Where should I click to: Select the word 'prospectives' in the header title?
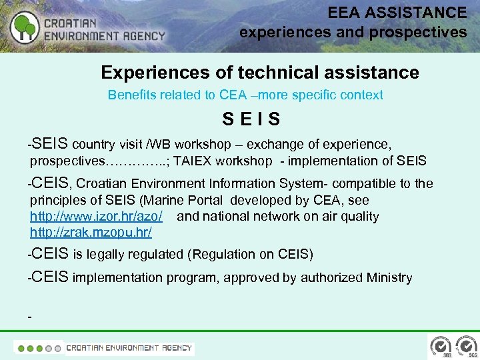tap(425, 31)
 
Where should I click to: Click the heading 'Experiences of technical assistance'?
tap(259, 72)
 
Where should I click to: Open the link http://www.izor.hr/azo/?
tap(96, 216)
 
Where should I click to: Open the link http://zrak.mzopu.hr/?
tap(91, 232)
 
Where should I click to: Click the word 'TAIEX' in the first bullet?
tap(193, 161)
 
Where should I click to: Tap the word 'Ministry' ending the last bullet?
tap(389, 277)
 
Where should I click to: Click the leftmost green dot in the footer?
tap(21, 348)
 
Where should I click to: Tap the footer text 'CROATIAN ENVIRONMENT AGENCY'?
tap(129, 347)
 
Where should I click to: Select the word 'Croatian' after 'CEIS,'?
tap(103, 183)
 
